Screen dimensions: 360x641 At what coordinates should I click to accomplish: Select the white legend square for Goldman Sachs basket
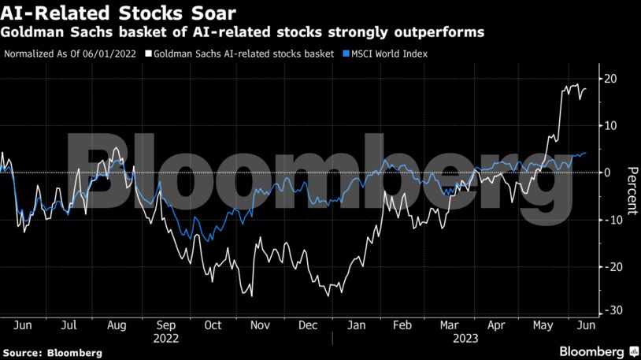coord(150,54)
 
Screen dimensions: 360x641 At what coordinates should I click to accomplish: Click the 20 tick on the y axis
coord(610,79)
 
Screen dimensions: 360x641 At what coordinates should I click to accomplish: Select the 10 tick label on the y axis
coord(610,125)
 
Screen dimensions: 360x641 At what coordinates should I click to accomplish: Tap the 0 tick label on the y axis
coord(607,173)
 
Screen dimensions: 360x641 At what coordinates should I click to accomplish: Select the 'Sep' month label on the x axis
coord(166,325)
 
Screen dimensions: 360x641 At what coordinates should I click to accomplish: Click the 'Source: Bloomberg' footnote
coord(53,353)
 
